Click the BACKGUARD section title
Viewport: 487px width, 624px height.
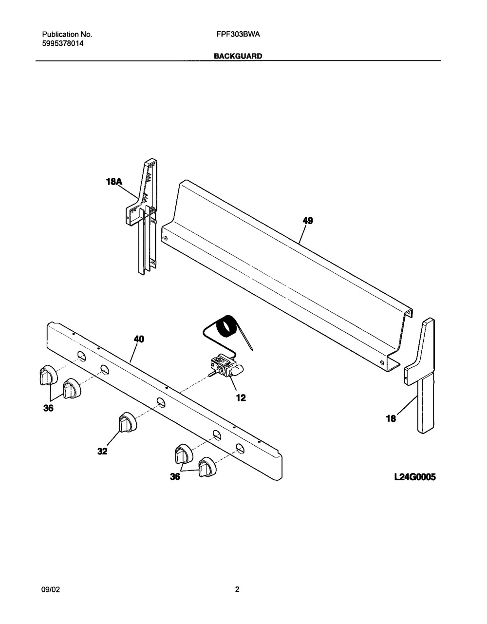click(x=238, y=56)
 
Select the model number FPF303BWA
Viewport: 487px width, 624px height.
click(x=238, y=35)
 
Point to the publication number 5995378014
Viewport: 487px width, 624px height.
click(x=63, y=44)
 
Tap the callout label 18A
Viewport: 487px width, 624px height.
click(x=114, y=182)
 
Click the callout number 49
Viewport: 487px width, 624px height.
click(x=308, y=221)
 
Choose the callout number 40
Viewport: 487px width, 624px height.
click(x=139, y=339)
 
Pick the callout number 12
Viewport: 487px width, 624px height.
click(x=241, y=397)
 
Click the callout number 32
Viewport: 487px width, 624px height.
click(x=102, y=452)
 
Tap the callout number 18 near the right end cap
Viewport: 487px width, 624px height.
click(x=391, y=419)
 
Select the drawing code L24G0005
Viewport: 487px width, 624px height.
click(x=415, y=477)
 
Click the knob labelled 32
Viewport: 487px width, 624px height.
click(x=127, y=422)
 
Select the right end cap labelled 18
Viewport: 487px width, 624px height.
click(x=420, y=376)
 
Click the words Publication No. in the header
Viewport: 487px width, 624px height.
click(x=67, y=35)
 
